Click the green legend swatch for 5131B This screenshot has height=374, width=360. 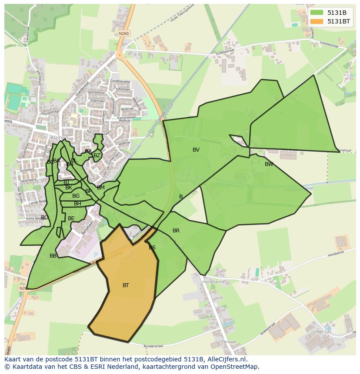pos(316,13)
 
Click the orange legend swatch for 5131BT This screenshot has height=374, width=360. pos(316,21)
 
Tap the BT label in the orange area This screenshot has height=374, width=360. pos(126,285)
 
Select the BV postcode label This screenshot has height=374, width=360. pos(196,150)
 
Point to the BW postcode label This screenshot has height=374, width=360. pos(269,164)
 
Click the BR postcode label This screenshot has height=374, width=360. pos(176,231)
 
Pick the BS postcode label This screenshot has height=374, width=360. pos(152,248)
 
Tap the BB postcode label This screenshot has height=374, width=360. pos(53,256)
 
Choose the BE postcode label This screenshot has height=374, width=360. pos(71,218)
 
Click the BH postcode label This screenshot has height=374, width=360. pos(77,204)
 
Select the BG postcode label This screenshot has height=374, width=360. pos(76,196)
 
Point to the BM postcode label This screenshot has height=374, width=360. pos(101,188)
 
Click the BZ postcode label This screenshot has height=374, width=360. pos(97,156)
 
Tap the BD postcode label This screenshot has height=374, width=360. pos(44,218)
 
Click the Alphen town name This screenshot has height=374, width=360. pos(59,138)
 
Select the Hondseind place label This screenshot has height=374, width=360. pos(213,282)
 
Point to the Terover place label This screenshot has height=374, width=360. pos(229,342)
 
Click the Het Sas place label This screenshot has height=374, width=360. pos(323,331)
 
